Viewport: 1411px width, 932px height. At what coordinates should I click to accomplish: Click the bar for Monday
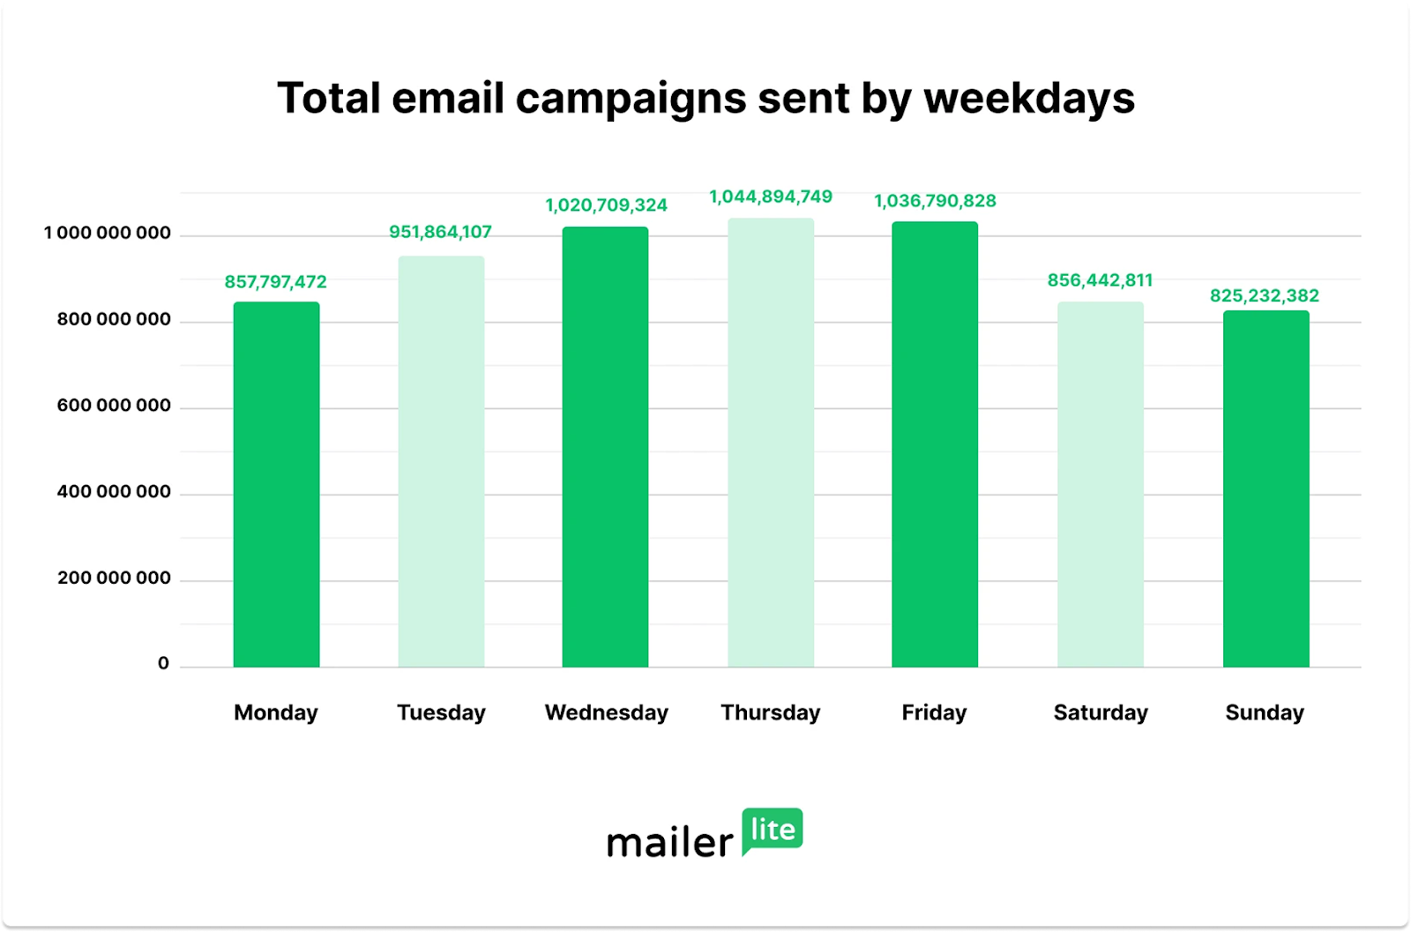276,485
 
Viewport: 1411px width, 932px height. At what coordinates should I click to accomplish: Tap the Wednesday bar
605,447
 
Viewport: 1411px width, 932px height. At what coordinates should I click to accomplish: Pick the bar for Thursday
771,443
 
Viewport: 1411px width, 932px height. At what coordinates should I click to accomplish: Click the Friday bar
935,444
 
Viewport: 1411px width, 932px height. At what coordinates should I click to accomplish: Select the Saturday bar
1101,485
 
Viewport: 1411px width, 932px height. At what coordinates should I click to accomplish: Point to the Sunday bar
1265,489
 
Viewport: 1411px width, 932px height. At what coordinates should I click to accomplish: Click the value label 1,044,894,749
771,197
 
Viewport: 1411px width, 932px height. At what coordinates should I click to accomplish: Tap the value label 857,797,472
275,282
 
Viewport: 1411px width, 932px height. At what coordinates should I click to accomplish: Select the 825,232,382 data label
1265,295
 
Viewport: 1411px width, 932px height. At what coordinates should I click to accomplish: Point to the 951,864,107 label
440,232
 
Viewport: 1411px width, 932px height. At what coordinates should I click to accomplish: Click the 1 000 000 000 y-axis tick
108,234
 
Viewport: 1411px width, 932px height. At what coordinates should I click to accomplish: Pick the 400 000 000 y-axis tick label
114,492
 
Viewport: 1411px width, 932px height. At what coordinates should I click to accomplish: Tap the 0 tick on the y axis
163,664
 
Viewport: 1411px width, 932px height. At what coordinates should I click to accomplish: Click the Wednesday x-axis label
607,712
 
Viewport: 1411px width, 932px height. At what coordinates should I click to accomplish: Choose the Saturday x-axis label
1101,712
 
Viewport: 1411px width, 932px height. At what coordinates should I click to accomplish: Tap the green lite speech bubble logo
773,830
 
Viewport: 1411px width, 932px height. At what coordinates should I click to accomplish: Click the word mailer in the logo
669,843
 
